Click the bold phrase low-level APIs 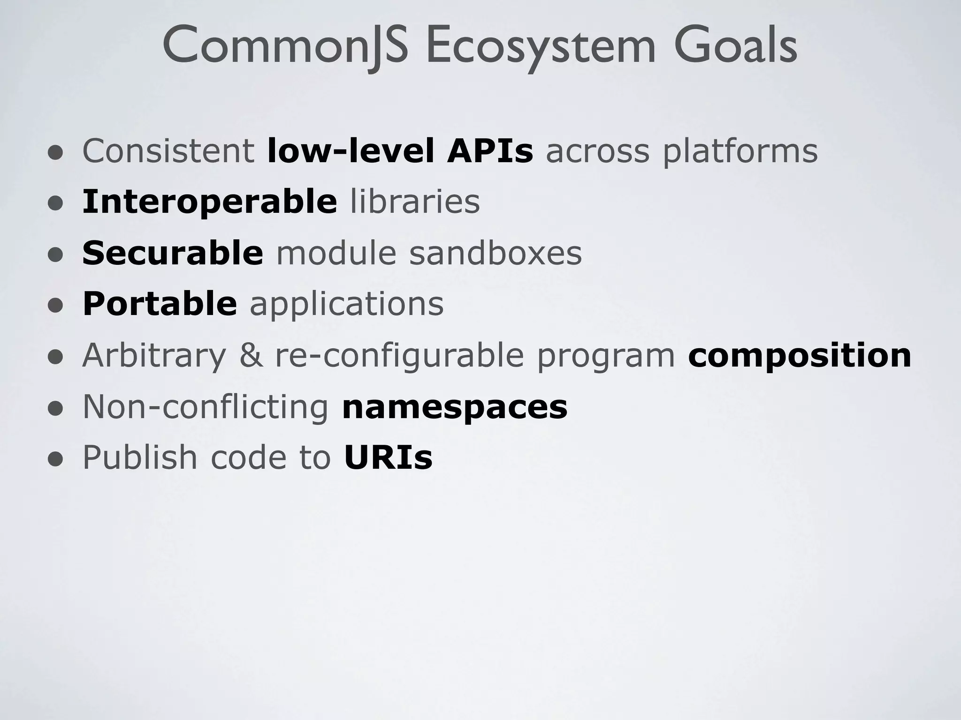pyautogui.click(x=400, y=151)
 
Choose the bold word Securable pyautogui.click(x=173, y=253)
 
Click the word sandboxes pyautogui.click(x=496, y=253)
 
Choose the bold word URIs pyautogui.click(x=388, y=457)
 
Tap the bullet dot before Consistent pyautogui.click(x=55, y=153)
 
